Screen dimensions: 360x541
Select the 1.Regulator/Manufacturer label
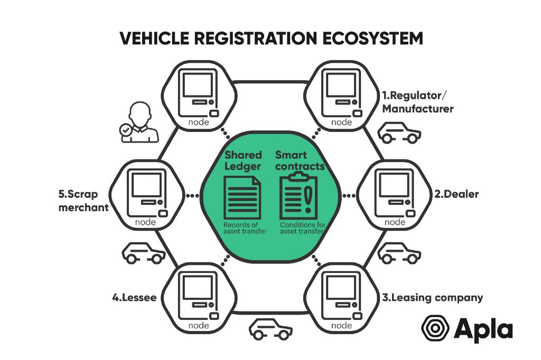pyautogui.click(x=418, y=102)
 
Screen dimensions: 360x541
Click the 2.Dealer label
pyautogui.click(x=456, y=194)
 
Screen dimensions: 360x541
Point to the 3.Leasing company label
pyautogui.click(x=432, y=298)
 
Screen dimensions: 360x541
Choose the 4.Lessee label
pyautogui.click(x=134, y=298)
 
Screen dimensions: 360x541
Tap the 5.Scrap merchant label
pyautogui.click(x=83, y=200)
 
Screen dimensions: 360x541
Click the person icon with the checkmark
pyautogui.click(x=139, y=123)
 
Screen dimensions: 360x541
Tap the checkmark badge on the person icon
pyautogui.click(x=126, y=129)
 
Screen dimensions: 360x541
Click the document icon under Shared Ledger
pyautogui.click(x=242, y=197)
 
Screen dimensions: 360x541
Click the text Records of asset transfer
pyautogui.click(x=244, y=228)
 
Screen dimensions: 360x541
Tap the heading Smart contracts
pyautogui.click(x=300, y=160)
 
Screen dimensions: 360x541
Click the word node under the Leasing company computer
pyautogui.click(x=341, y=326)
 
